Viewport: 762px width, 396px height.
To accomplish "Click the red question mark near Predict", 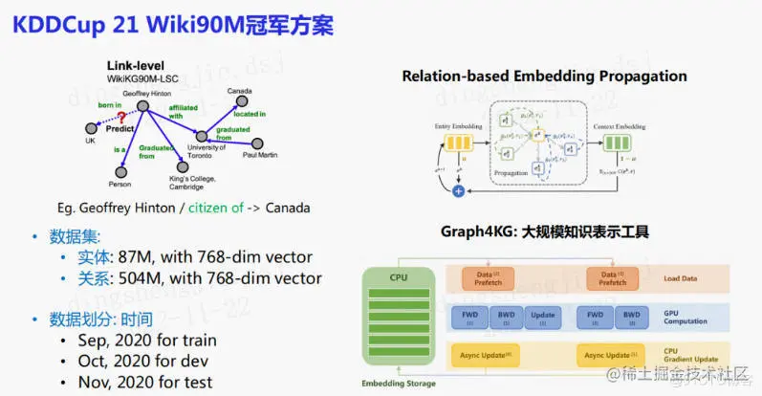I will (121, 117).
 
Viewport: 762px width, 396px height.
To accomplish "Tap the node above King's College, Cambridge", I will (183, 167).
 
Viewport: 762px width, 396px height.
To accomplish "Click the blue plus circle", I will (458, 191).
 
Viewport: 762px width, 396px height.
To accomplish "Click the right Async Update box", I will (613, 356).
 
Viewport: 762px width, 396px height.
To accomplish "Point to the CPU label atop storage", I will (398, 277).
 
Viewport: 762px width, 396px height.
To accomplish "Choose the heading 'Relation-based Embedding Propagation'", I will (544, 77).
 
